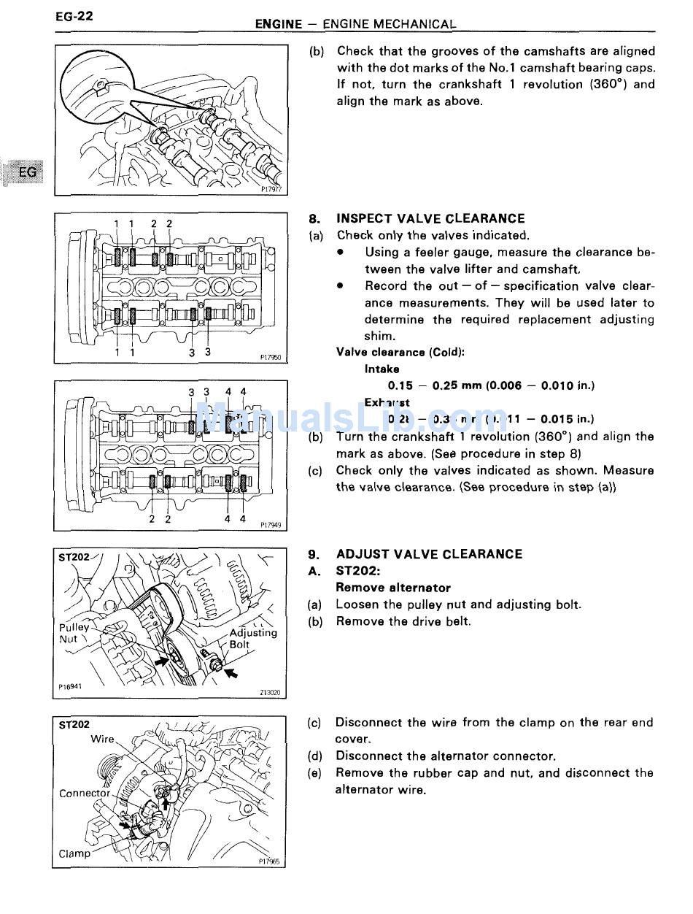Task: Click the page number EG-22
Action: coord(74,15)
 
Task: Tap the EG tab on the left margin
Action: coord(27,172)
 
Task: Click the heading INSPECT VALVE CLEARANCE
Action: coord(430,218)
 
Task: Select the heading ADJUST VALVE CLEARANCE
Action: coord(429,554)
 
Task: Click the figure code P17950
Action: coord(270,358)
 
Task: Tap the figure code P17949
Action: coord(270,524)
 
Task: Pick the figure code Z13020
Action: coord(269,693)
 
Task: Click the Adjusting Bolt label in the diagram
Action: coord(252,638)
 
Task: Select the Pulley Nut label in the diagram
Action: coord(74,633)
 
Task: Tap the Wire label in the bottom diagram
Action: coord(102,739)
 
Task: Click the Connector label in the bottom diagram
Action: coord(85,793)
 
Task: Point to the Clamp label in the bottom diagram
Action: coord(75,853)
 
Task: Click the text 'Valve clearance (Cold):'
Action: coord(400,352)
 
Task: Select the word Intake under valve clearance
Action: coord(382,369)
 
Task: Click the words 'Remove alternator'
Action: coord(393,588)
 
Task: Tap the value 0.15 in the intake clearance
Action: coord(400,385)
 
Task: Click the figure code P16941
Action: coord(71,687)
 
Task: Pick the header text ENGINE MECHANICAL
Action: coord(389,24)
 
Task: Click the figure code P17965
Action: coord(269,861)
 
